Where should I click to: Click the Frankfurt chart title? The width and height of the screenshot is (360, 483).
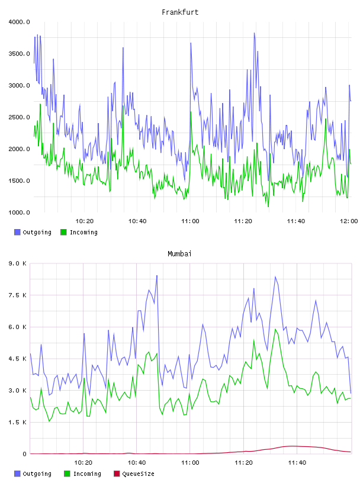180,12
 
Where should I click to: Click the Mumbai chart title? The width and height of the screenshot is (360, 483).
179,254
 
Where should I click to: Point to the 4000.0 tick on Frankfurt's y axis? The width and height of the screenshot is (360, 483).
19,22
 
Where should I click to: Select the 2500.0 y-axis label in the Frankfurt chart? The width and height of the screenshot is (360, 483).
19,117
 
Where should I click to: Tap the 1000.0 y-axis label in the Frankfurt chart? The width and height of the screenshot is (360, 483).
19,212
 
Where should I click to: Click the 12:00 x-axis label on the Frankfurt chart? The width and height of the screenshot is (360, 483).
349,221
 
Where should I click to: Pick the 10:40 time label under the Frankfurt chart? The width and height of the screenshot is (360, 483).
137,221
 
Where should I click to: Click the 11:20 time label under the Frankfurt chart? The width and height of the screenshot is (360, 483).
243,221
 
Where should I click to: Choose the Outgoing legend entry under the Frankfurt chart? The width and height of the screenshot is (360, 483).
33,232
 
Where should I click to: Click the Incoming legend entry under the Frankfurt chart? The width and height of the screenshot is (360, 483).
79,232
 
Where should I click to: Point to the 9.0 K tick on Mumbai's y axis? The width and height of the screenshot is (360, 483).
18,263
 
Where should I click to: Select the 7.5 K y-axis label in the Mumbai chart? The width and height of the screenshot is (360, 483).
18,295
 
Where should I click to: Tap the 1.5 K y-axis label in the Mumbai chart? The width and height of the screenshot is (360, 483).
18,422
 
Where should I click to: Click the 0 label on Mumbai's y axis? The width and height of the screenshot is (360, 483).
25,454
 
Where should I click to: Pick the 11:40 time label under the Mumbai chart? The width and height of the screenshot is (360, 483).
297,463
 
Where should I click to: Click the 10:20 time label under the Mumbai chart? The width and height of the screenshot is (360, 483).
83,463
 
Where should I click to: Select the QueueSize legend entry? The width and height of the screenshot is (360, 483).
134,474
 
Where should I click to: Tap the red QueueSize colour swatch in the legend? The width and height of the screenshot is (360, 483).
117,474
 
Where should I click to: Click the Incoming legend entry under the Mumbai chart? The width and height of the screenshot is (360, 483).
83,474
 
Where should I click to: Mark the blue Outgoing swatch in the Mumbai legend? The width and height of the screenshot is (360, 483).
17,474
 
